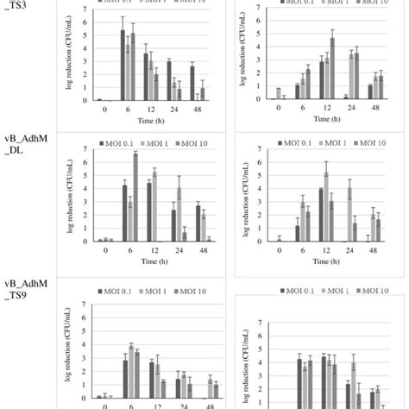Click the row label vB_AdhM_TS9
click(x=26, y=288)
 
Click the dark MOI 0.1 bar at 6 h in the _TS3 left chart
click(x=123, y=65)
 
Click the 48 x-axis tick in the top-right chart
click(x=375, y=109)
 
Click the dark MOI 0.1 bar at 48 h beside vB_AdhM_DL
click(x=198, y=223)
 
